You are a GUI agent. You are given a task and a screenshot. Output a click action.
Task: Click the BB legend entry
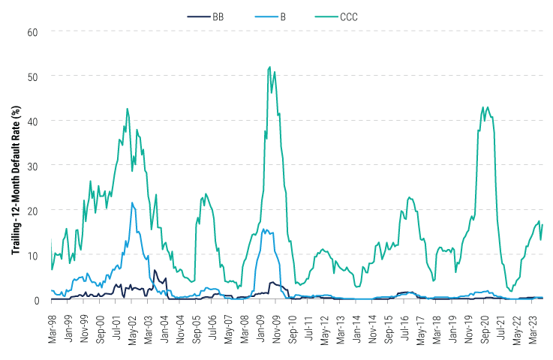click(217, 15)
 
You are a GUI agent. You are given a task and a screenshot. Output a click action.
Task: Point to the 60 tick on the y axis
click(33, 31)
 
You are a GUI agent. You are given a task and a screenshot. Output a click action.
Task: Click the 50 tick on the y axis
click(33, 76)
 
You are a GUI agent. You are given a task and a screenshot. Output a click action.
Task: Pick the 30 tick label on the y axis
click(33, 165)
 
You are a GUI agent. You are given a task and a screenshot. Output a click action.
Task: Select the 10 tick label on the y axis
click(33, 255)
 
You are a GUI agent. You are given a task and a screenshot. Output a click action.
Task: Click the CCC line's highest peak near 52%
click(269, 67)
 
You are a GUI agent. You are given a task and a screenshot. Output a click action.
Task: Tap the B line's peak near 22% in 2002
click(133, 202)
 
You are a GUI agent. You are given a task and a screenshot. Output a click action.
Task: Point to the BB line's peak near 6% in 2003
click(155, 270)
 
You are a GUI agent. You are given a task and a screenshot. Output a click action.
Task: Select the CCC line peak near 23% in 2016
click(409, 197)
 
